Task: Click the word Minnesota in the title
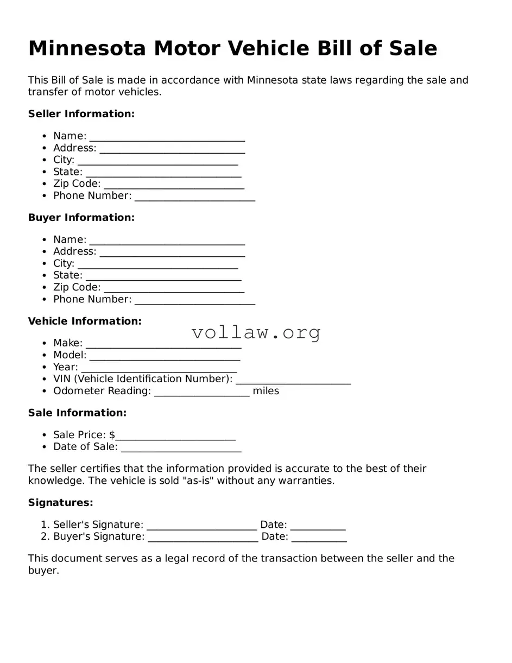pos(87,49)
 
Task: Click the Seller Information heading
pos(81,114)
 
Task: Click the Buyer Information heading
pos(81,218)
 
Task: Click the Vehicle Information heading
pos(85,321)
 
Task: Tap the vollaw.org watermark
pos(256,332)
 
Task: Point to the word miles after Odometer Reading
pos(266,391)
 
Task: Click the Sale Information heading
pos(77,413)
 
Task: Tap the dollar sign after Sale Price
pos(112,435)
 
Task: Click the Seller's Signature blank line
pos(201,526)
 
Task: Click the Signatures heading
pos(60,503)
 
